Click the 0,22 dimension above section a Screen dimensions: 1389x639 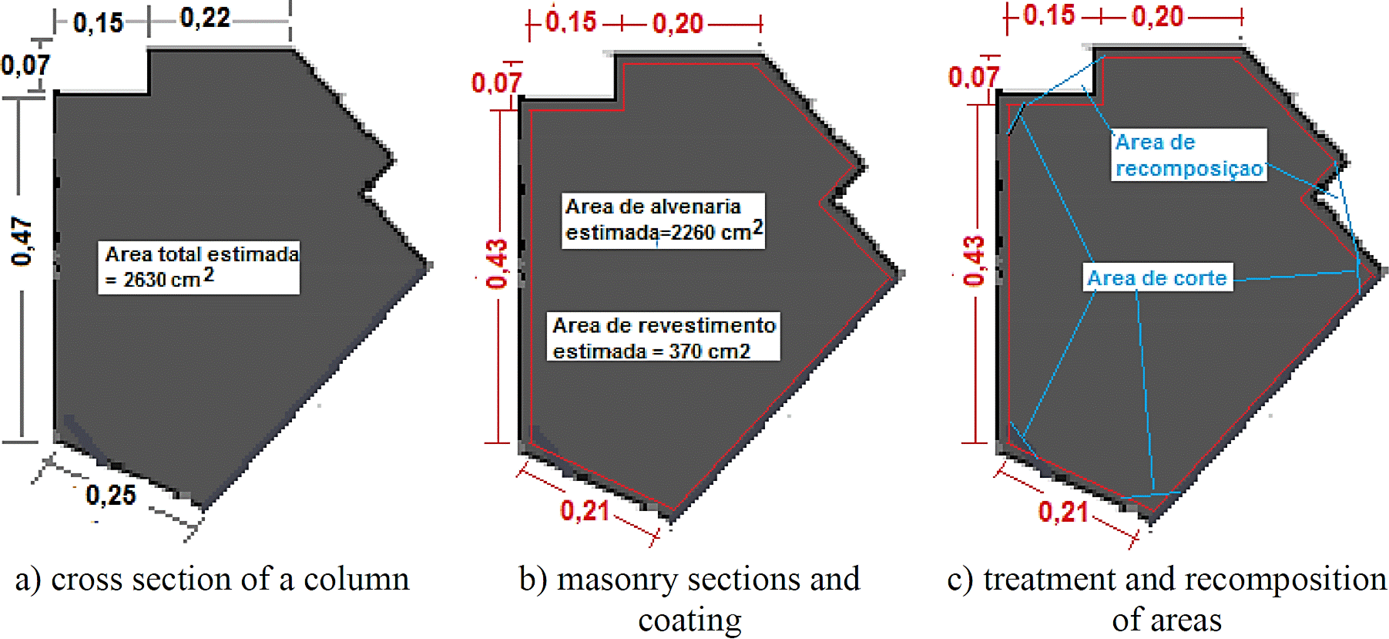[205, 18]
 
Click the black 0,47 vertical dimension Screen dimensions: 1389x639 [21, 241]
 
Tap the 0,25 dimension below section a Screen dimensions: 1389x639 [110, 495]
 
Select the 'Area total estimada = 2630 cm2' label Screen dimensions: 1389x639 [199, 267]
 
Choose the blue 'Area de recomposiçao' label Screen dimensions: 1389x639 [1189, 155]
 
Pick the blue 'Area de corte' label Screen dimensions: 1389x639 [1156, 277]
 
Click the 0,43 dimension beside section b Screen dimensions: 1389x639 [498, 263]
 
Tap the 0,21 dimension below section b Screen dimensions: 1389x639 [585, 510]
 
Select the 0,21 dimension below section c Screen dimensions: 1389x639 [1063, 511]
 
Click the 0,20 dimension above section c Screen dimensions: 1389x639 [1157, 16]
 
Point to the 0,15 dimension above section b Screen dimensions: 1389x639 [571, 22]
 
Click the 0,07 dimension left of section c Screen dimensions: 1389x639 [973, 77]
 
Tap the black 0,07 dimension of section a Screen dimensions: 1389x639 [25, 66]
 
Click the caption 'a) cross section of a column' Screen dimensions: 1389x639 [212, 580]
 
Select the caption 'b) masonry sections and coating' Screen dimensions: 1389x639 [689, 599]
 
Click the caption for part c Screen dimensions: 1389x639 [1166, 599]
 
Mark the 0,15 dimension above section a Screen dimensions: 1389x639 [98, 23]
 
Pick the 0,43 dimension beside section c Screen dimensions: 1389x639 [975, 261]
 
